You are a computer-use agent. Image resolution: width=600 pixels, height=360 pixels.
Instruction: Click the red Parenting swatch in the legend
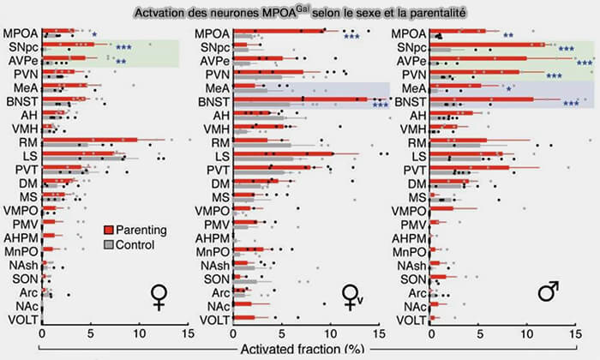tap(108, 229)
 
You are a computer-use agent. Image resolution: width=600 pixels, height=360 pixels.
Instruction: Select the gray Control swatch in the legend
tap(108, 245)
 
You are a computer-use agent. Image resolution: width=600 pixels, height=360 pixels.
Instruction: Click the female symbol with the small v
tap(353, 296)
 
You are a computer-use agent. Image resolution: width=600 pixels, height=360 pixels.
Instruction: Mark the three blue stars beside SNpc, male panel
tap(566, 49)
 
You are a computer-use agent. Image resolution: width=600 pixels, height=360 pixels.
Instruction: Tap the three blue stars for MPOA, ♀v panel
tap(351, 36)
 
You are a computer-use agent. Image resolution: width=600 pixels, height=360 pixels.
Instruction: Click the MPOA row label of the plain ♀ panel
tap(19, 33)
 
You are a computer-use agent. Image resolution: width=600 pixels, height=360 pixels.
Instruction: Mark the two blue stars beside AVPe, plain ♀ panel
tap(121, 63)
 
